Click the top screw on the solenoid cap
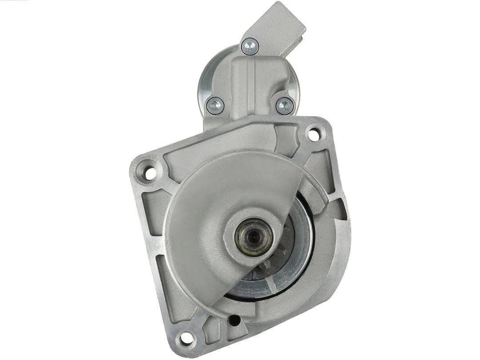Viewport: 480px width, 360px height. tap(250, 45)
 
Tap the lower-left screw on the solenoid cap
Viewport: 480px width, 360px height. tap(216, 105)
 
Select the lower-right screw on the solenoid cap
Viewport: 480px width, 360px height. tap(284, 106)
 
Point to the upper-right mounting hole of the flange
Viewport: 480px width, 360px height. tap(314, 134)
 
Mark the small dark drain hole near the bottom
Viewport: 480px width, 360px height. tap(235, 320)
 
